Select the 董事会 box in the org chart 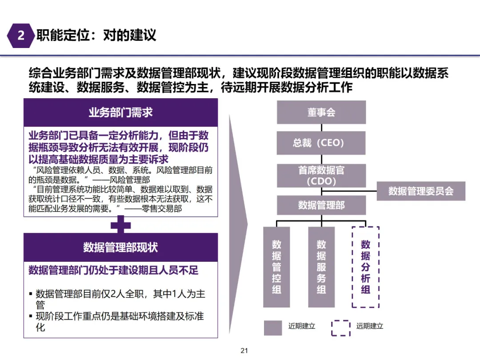(x=321, y=112)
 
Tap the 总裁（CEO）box (x=321, y=143)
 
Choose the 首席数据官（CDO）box (x=321, y=176)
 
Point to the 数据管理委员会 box (x=420, y=191)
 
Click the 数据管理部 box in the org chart (x=321, y=205)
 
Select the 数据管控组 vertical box (x=276, y=267)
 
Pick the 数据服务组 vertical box (x=321, y=267)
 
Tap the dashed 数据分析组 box (x=365, y=267)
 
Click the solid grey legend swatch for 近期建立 (x=273, y=327)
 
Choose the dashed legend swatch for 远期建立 (x=341, y=327)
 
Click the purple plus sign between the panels (x=120, y=225)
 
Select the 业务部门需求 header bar (x=120, y=112)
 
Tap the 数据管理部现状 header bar (x=120, y=247)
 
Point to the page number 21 (x=244, y=351)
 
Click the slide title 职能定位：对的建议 (x=96, y=36)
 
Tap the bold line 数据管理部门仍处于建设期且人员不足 (x=113, y=270)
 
